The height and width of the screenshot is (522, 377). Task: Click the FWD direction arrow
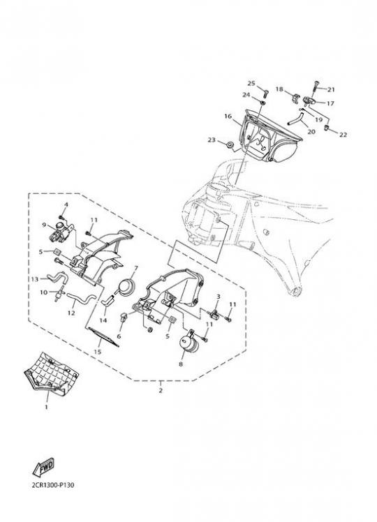[x=43, y=468]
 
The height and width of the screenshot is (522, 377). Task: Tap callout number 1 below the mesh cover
[x=46, y=407]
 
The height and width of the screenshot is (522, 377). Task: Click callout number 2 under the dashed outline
[x=161, y=390]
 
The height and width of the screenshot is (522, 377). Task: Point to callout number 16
[x=228, y=116]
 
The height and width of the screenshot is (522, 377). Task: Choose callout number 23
[x=212, y=140]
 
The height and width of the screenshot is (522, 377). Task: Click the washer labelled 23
[x=230, y=145]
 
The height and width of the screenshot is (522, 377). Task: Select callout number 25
[x=251, y=83]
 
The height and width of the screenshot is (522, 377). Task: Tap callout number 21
[x=331, y=89]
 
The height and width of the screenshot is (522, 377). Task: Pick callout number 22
[x=343, y=135]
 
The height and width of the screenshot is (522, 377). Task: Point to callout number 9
[x=43, y=225]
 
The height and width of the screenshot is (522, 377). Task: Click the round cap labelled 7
[x=126, y=288]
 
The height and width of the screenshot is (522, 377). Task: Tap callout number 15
[x=98, y=352]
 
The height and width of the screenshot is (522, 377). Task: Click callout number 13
[x=35, y=279]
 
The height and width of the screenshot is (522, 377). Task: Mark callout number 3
[x=219, y=297]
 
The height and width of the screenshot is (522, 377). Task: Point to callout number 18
[x=279, y=89]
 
